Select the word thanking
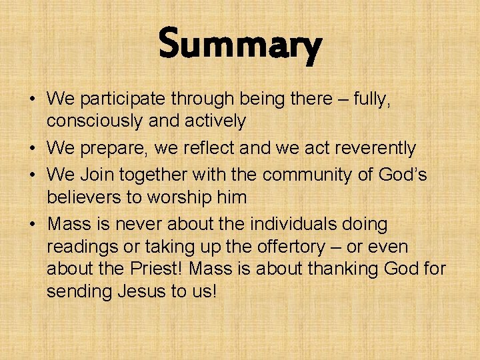pos(344,269)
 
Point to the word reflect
pos(196,147)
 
